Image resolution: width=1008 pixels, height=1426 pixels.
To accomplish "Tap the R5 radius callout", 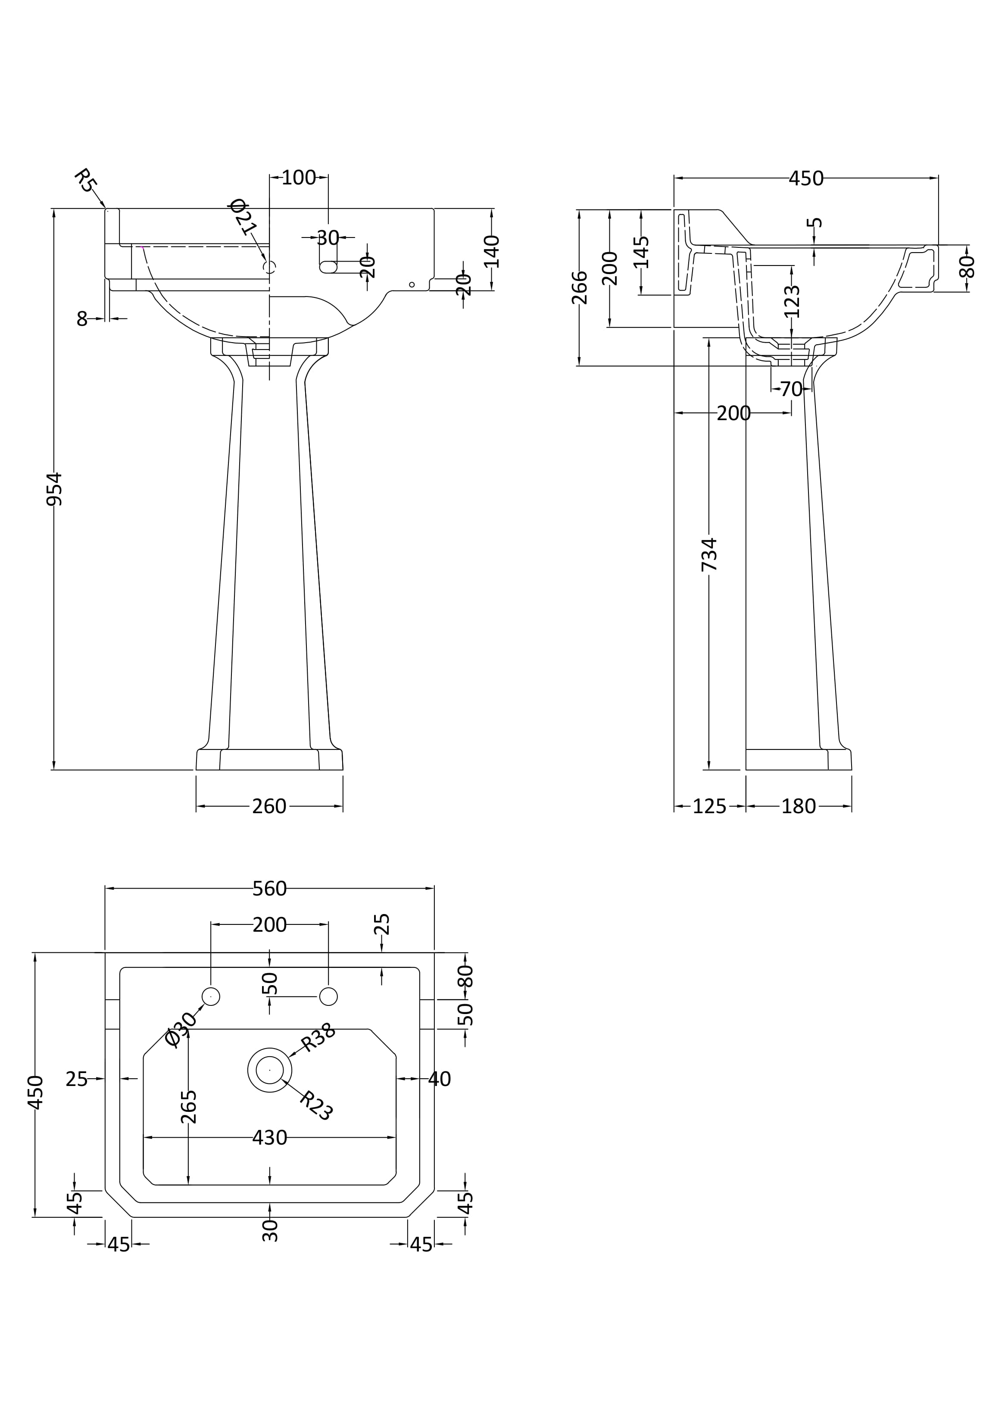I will pyautogui.click(x=85, y=181).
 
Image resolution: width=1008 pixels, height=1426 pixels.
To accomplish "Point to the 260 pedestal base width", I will pyautogui.click(x=269, y=806).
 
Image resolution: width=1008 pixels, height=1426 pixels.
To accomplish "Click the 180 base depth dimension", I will pyautogui.click(x=798, y=806).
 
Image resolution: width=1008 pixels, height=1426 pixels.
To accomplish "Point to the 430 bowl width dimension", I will pyautogui.click(x=269, y=1138).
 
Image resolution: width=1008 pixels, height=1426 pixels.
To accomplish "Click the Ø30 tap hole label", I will pyautogui.click(x=182, y=1029).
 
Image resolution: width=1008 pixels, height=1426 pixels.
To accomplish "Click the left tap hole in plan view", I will pyautogui.click(x=211, y=996).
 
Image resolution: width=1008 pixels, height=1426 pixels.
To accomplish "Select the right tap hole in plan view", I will pyautogui.click(x=328, y=996).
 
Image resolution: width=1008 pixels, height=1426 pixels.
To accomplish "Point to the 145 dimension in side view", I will pyautogui.click(x=642, y=252).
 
